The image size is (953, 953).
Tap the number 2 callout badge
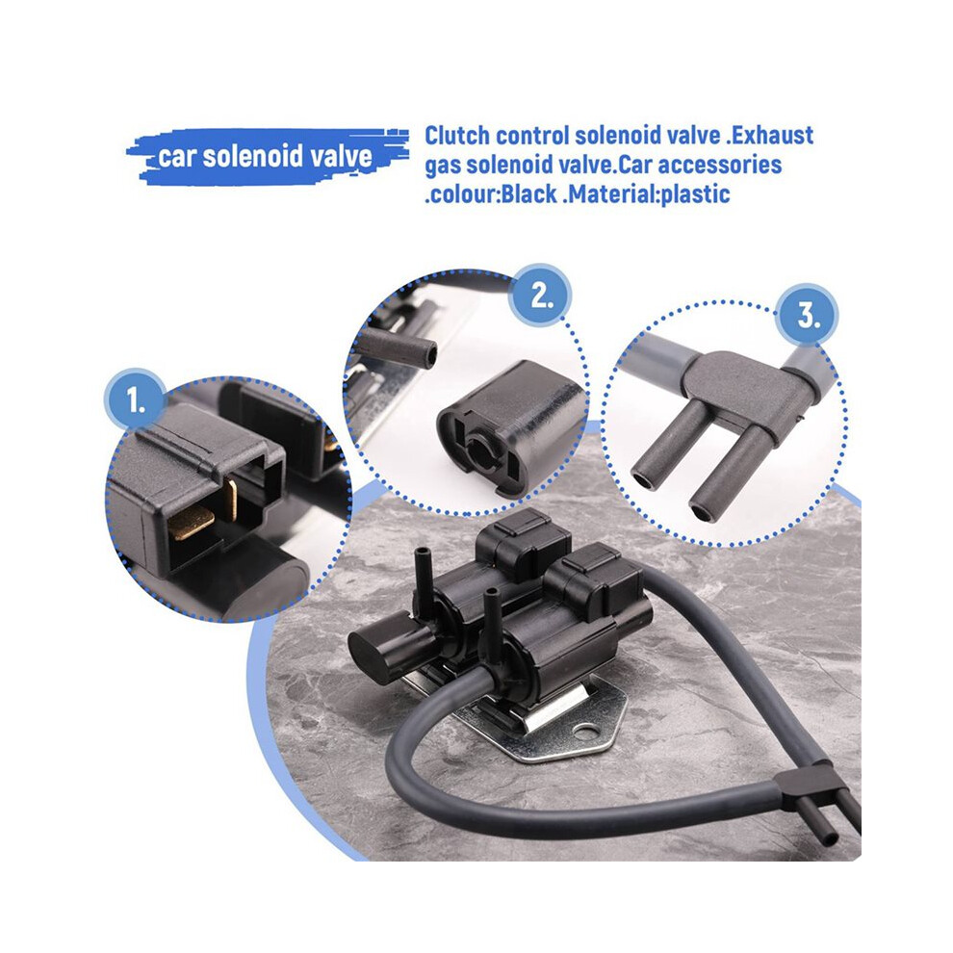click(541, 296)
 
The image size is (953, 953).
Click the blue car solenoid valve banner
click(267, 156)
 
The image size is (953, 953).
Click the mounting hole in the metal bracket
click(585, 731)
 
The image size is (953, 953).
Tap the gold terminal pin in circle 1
click(192, 522)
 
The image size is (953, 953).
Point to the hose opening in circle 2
click(430, 353)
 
